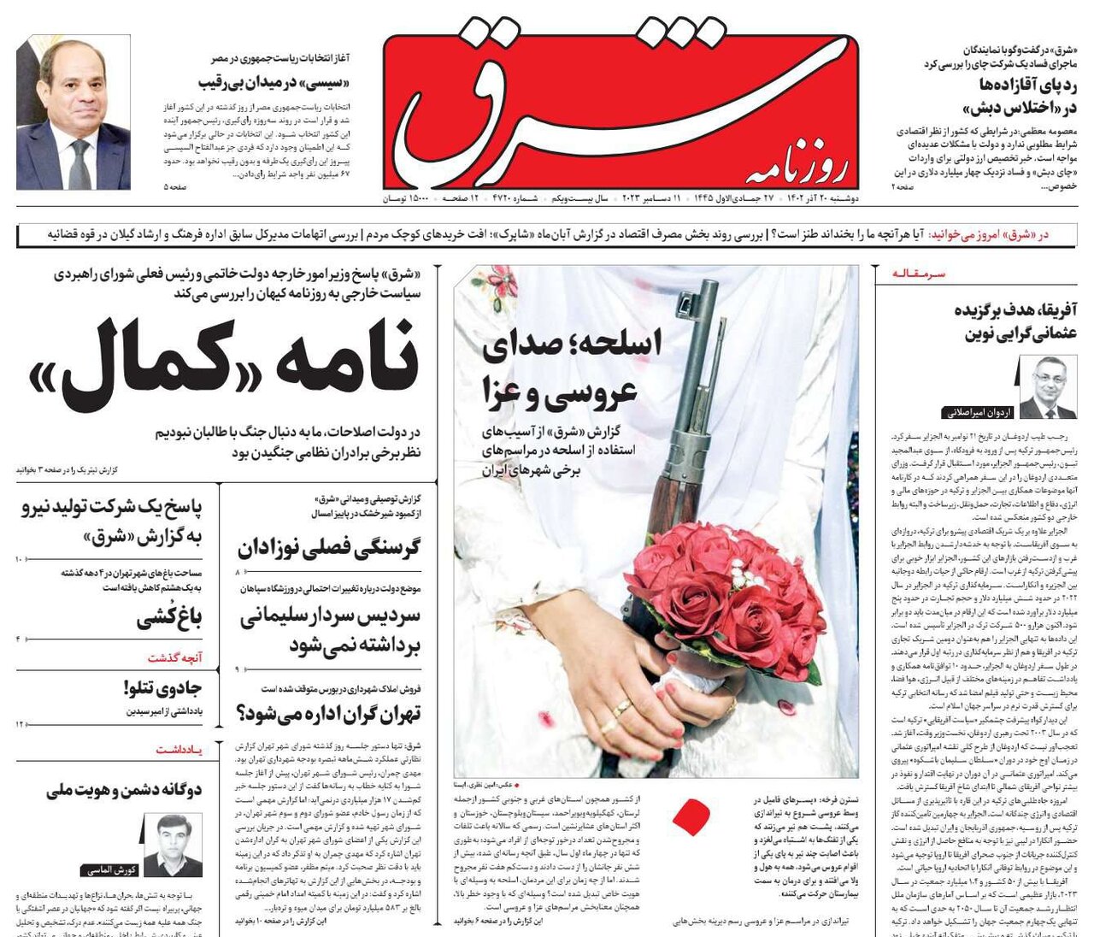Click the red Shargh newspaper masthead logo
tap(620, 111)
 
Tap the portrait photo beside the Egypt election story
tap(74, 112)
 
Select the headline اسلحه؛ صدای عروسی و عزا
tap(570, 368)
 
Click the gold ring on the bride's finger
tap(621, 708)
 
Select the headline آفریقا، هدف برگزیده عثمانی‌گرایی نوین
tap(1015, 321)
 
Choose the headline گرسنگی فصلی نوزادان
tap(329, 547)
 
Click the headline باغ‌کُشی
tap(168, 617)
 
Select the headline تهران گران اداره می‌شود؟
tap(329, 712)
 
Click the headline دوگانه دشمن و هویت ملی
tap(124, 789)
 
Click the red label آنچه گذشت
tap(174, 657)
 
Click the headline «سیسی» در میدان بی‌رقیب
tap(274, 82)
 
